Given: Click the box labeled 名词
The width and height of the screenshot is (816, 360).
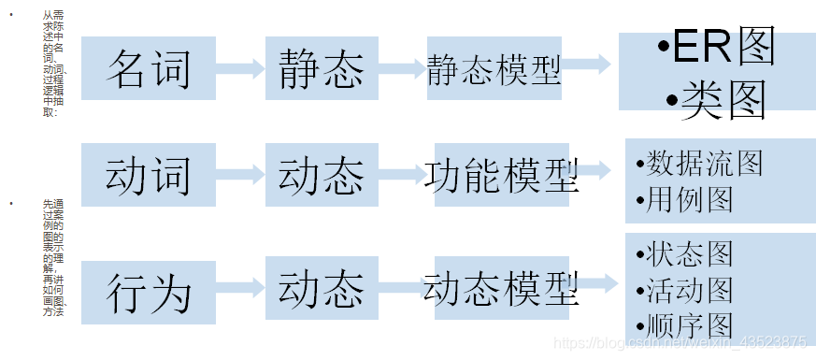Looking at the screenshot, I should tap(149, 68).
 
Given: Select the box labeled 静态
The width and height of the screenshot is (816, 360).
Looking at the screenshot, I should tap(322, 68).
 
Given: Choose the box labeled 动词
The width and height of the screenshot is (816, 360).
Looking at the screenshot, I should tap(149, 174).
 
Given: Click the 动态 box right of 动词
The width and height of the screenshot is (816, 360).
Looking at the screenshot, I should tap(322, 174).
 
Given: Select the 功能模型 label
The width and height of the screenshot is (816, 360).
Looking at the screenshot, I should tap(501, 174).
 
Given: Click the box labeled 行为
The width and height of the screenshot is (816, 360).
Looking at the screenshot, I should tap(149, 292).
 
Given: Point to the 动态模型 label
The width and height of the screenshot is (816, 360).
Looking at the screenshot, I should tap(501, 290).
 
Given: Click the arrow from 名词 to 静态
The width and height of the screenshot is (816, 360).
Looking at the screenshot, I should tap(240, 68).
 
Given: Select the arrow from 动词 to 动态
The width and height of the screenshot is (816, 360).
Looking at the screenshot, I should tap(240, 174).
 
